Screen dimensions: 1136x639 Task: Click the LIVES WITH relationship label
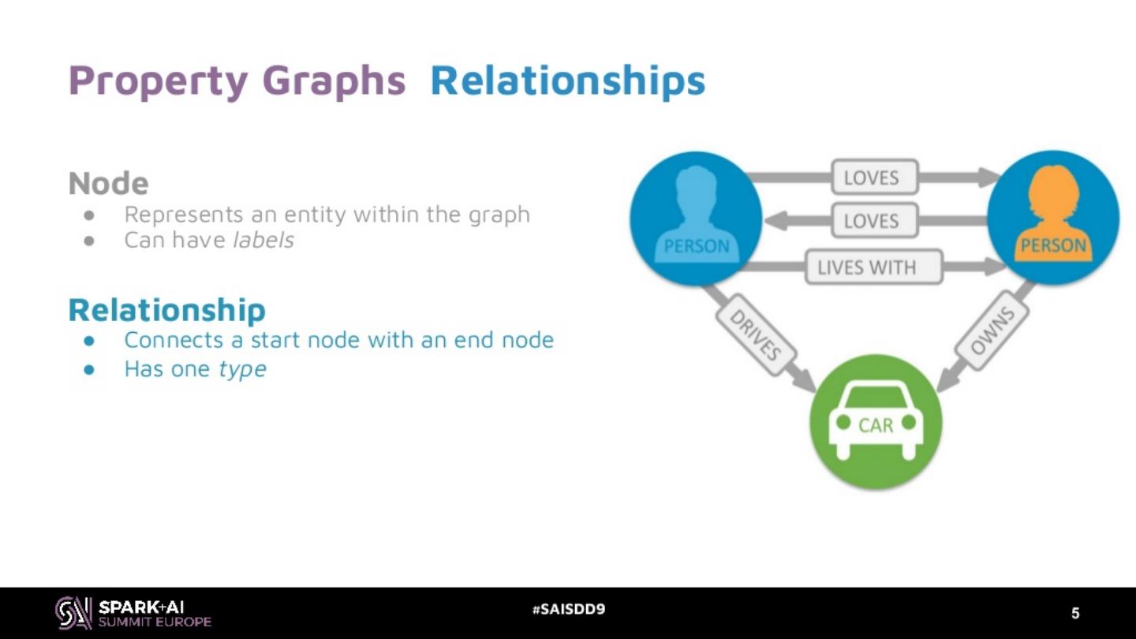coord(873,267)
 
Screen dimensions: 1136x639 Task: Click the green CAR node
coord(876,421)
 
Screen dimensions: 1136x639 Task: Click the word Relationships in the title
coord(567,80)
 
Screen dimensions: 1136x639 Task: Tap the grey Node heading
coord(108,183)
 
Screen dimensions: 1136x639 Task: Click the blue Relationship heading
coord(166,309)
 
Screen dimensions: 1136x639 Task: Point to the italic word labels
coord(263,240)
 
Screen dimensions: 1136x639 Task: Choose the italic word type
coord(242,368)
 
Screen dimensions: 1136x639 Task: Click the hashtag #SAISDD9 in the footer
coord(568,609)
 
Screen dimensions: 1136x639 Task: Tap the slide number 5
coord(1075,613)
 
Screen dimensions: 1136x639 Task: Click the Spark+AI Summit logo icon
coord(73,612)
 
